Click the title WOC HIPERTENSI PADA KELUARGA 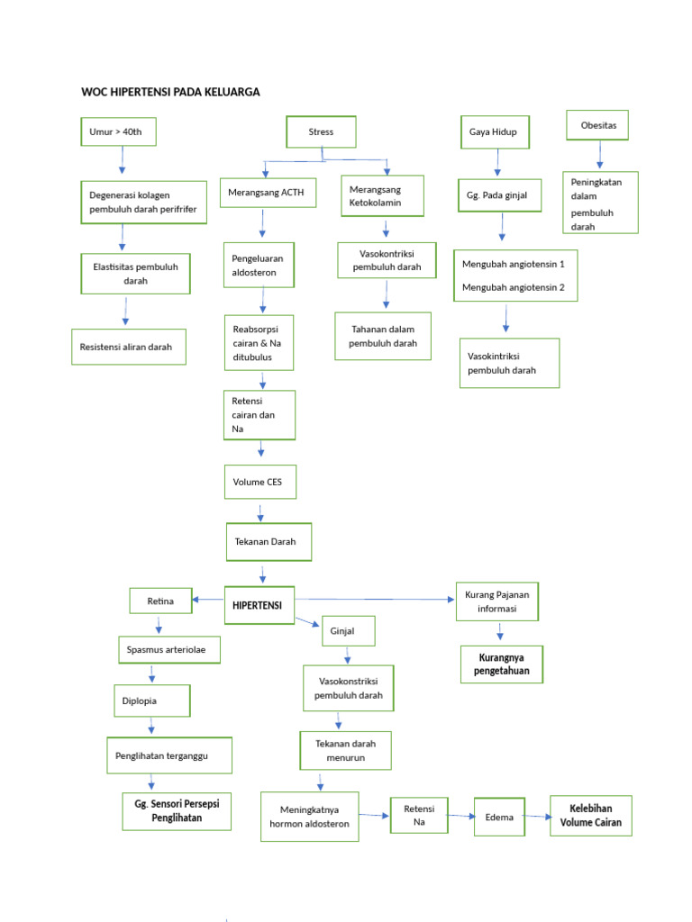coord(170,92)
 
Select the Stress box coord(321,132)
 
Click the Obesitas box coord(598,125)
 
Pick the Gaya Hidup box coord(494,132)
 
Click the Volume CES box coord(259,483)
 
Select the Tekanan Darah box coord(267,542)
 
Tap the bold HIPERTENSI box coord(259,606)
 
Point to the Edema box coord(499,818)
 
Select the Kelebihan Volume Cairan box coord(590,816)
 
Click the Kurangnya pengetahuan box coord(501,664)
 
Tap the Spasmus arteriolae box coord(168,649)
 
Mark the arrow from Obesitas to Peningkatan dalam coord(600,155)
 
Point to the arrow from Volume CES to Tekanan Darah coord(260,511)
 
